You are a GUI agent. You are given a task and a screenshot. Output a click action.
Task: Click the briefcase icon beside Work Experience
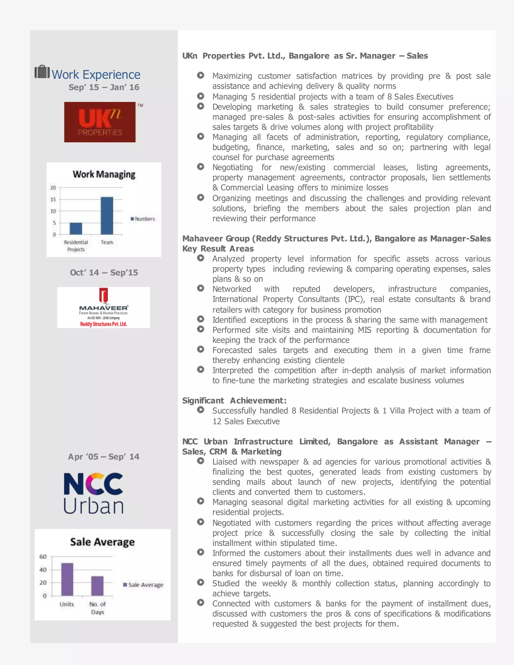point(42,72)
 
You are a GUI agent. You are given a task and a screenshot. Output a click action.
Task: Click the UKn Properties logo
point(100,122)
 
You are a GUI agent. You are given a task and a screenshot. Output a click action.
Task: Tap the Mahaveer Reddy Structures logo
point(104,308)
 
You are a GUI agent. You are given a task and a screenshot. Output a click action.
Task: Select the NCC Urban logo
point(93,493)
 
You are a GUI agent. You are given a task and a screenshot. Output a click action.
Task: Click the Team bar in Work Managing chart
point(107,216)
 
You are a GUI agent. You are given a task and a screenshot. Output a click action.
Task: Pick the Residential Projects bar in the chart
point(76,229)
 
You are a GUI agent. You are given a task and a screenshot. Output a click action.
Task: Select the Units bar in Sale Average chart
point(67,579)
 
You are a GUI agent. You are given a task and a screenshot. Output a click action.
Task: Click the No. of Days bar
point(97,586)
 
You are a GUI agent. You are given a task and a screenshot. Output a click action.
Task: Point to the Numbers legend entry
point(143,219)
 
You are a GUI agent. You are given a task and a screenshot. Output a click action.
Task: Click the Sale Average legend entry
point(143,585)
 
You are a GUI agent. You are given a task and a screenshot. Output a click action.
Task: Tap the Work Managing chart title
point(104,174)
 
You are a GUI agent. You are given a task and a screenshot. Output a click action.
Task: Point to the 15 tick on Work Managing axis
point(53,199)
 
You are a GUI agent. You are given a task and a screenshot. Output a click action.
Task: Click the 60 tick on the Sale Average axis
point(43,557)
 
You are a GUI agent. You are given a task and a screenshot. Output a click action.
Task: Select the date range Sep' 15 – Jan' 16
point(104,87)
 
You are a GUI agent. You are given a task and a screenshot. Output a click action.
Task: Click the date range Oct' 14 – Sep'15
point(104,273)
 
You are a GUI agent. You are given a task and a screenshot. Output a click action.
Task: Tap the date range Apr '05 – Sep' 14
point(104,457)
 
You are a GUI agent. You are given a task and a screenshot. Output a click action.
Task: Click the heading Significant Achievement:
point(234,401)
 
